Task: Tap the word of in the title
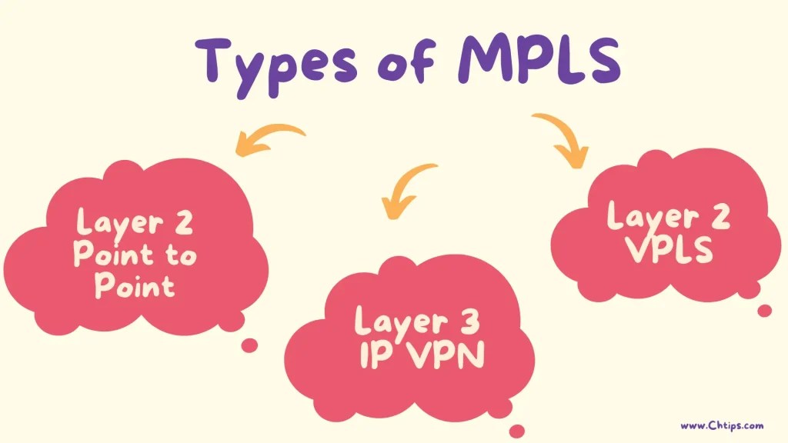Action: [x=413, y=62]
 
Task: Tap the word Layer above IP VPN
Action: [x=397, y=321]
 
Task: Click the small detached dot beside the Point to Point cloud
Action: [x=249, y=345]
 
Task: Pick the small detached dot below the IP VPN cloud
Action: [x=517, y=431]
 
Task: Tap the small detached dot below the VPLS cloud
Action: [x=764, y=311]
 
